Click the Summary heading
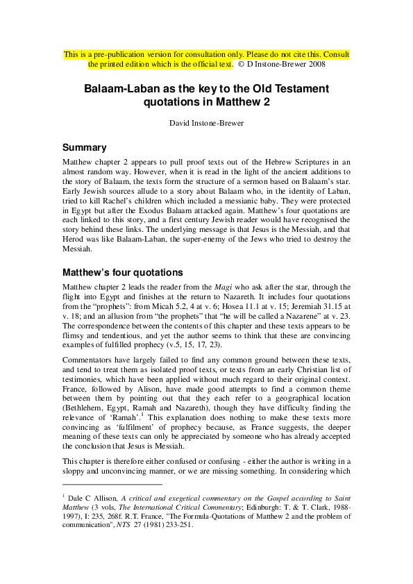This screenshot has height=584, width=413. point(84,147)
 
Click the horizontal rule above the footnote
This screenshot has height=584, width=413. point(112,484)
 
